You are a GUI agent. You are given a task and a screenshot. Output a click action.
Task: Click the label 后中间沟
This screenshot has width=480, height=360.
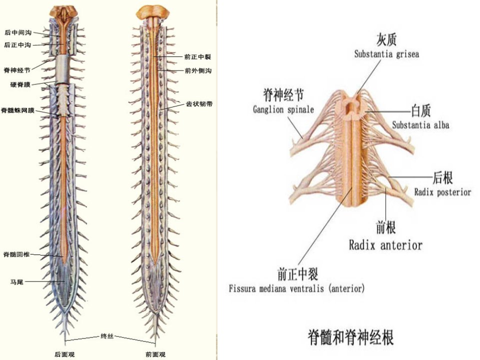18,32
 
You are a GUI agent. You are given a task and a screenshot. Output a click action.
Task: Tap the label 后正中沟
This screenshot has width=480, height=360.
18,45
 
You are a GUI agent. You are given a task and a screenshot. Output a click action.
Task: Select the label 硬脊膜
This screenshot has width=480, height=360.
20,84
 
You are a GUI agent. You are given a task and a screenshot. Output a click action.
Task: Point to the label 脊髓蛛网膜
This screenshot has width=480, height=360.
18,110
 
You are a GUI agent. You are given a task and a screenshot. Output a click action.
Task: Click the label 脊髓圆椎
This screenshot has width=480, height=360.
16,254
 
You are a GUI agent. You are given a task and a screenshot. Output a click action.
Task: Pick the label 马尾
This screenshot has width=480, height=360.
17,282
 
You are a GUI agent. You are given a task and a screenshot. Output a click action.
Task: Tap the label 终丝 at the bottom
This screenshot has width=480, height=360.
107,336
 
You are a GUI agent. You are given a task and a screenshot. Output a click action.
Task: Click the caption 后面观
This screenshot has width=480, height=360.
64,354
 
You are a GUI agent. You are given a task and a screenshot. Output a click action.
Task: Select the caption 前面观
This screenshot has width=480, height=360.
155,354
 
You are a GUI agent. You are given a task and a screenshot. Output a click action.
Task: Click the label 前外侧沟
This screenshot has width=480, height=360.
198,70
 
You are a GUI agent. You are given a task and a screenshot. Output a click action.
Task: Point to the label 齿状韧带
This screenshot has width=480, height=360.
199,104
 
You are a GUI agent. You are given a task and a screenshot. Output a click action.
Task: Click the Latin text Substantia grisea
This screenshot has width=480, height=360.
386,54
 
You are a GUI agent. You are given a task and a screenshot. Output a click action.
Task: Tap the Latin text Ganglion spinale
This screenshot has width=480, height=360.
283,109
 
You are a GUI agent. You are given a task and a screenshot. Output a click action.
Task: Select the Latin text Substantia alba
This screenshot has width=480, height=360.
420,125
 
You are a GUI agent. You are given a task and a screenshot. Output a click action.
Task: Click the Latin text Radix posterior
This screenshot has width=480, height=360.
442,192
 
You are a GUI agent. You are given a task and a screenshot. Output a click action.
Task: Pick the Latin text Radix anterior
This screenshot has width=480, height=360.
385,245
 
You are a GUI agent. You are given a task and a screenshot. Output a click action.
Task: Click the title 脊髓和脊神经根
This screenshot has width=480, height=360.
350,337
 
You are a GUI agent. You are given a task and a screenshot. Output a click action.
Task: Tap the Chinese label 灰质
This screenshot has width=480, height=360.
386,39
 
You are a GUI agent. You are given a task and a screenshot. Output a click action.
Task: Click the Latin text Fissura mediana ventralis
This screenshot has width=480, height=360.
276,288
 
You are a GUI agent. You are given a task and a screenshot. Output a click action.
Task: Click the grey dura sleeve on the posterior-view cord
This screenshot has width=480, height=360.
62,69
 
